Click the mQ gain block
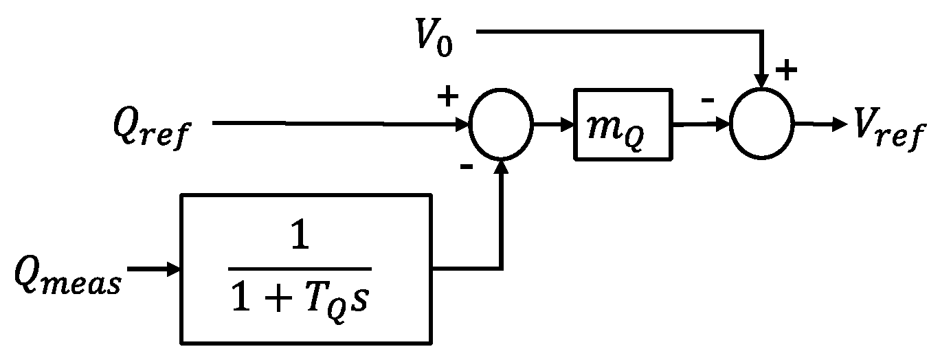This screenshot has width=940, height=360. point(623,124)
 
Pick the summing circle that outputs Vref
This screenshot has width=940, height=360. point(761,125)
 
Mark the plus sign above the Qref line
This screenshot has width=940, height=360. point(447,98)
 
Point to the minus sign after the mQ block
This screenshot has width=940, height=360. point(707,101)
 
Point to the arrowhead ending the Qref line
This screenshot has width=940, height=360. point(462,125)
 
